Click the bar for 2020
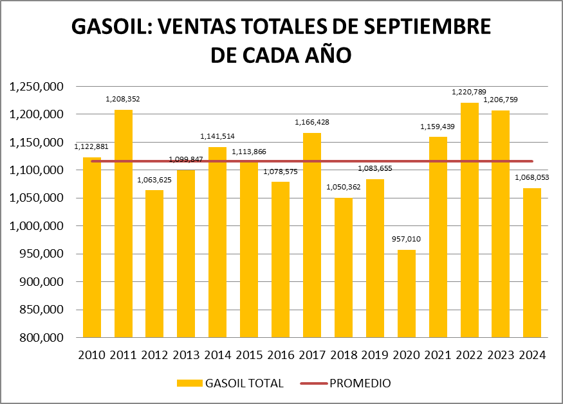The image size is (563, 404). pyautogui.click(x=407, y=294)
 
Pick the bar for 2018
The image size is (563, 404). pyautogui.click(x=344, y=268)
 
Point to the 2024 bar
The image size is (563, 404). pyautogui.click(x=532, y=263)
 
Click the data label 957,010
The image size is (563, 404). pyautogui.click(x=407, y=239)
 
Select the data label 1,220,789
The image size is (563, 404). pyautogui.click(x=470, y=92)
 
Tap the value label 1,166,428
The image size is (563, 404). pyautogui.click(x=312, y=122)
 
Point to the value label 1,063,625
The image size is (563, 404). pyautogui.click(x=154, y=179)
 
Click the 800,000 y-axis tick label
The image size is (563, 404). pyautogui.click(x=40, y=338)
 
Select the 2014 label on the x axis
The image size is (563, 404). pyautogui.click(x=217, y=355)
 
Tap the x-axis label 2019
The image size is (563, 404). pyautogui.click(x=375, y=355)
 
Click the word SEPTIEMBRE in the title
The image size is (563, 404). pyautogui.click(x=418, y=27)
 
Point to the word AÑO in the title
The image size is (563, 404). pyautogui.click(x=327, y=55)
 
